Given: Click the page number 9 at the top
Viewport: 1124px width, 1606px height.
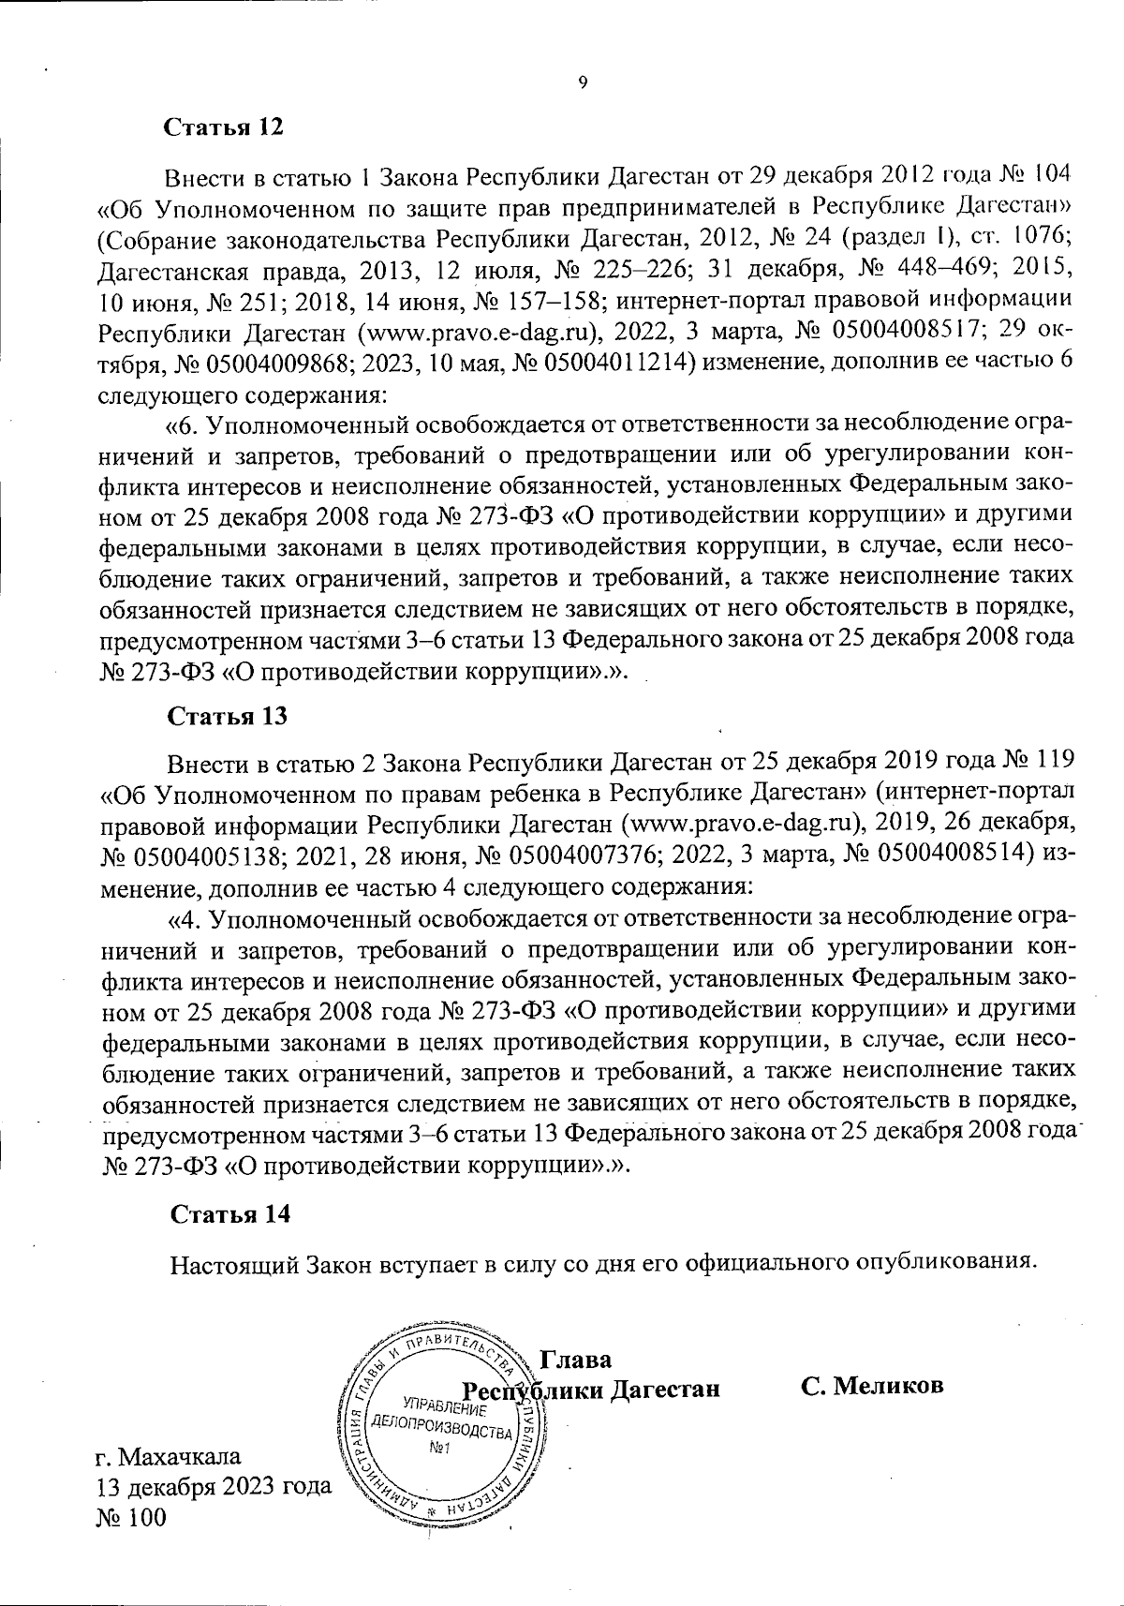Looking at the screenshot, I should point(582,83).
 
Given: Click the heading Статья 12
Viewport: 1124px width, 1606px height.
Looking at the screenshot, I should point(223,127).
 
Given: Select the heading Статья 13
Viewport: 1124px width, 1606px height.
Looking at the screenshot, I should point(226,717).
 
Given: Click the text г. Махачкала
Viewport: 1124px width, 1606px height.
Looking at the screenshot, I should point(169,1456).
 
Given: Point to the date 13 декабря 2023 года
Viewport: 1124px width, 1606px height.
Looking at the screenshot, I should point(214,1487).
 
